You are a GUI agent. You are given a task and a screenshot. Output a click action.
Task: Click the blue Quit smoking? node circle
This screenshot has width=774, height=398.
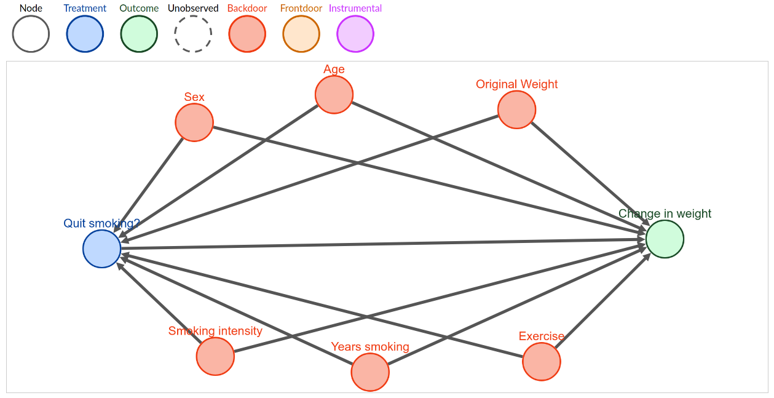coord(102,249)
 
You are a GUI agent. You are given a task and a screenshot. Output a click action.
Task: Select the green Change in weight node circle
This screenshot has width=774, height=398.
coord(665,239)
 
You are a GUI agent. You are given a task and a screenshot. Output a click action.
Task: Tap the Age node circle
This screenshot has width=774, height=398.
coord(334,94)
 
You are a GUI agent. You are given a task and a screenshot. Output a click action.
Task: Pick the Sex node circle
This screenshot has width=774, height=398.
coord(194,122)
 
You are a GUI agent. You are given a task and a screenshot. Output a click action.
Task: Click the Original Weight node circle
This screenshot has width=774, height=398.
coord(516,109)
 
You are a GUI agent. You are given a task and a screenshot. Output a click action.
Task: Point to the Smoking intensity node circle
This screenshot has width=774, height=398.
coord(215,356)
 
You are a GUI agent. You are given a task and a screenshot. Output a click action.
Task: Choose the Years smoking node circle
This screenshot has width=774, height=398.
coord(370,372)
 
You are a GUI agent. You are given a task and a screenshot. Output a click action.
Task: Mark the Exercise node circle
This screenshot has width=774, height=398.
coord(542,362)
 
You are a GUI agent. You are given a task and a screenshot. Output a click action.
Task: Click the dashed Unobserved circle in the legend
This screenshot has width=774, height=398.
coord(193,34)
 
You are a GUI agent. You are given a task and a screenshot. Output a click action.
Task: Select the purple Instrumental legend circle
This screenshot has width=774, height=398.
coord(355,34)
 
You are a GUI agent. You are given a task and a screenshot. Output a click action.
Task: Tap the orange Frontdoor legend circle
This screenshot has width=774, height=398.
coord(301,34)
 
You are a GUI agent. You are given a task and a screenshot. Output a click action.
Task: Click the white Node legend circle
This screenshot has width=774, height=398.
coord(31,34)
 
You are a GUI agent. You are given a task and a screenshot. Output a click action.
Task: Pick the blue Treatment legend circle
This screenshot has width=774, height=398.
coord(85,34)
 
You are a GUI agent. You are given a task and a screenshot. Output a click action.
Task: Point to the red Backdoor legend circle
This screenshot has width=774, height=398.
coord(247,34)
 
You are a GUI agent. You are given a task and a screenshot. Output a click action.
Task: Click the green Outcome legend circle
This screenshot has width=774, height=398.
coord(139,34)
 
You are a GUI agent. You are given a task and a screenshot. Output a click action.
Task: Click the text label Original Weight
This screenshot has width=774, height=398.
coord(516,84)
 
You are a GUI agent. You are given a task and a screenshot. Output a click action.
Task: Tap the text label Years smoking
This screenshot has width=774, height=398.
coord(370,346)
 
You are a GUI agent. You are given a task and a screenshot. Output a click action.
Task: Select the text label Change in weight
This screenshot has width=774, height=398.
coord(665,213)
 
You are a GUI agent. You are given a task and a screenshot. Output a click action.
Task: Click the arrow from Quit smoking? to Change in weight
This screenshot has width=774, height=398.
coord(383,244)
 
